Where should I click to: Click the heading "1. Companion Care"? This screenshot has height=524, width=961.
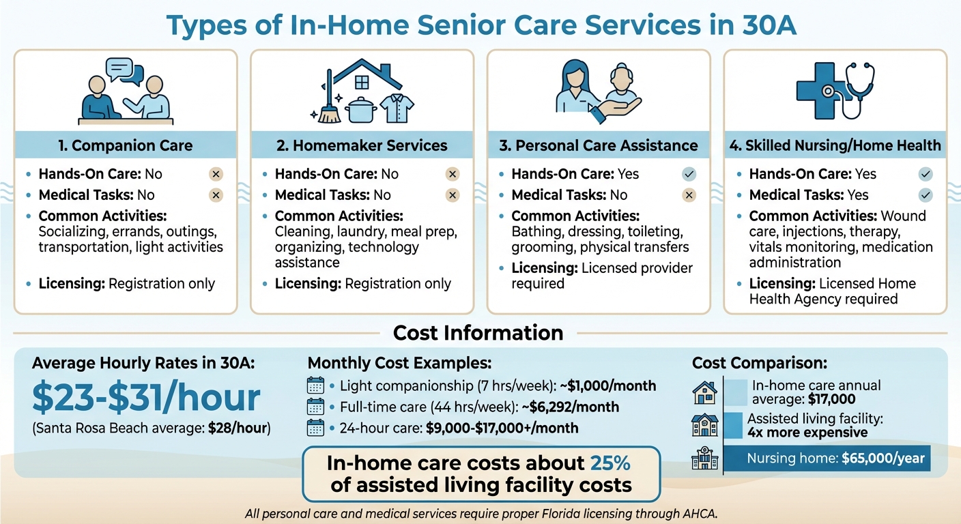coord(126,145)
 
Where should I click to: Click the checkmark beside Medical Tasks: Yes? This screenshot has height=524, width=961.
coord(925,195)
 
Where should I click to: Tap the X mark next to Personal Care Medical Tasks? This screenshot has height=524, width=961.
coord(689,195)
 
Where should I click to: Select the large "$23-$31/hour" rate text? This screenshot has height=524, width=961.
coord(145,398)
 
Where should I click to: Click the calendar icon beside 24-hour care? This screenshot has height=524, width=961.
coord(315,428)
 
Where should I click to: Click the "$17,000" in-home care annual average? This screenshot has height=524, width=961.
coord(831,399)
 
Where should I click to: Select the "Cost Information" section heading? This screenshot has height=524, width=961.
coord(478,333)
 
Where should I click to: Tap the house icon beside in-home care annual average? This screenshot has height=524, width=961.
coord(704,392)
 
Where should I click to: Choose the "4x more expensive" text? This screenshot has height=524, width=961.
coord(807,433)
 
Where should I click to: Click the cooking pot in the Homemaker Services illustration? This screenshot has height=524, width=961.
coord(362,109)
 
